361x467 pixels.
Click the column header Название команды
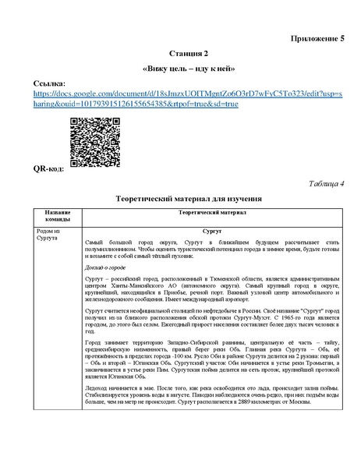click(x=58, y=216)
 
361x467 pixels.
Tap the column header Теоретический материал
click(x=212, y=212)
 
